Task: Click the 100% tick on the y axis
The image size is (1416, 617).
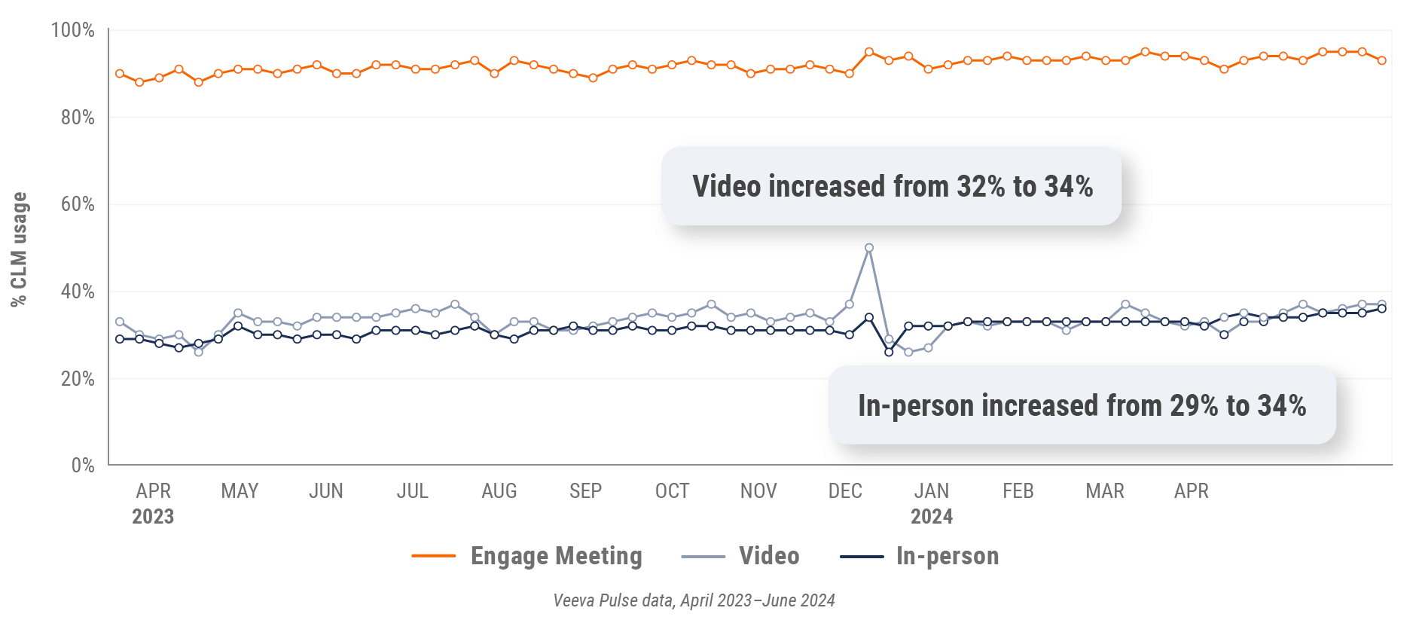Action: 72,30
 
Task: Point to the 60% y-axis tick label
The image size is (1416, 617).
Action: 78,204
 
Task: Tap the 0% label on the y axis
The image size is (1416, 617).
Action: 83,466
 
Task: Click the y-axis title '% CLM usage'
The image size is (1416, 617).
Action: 19,249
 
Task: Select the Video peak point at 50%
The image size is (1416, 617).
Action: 869,248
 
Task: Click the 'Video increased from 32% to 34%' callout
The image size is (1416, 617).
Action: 892,186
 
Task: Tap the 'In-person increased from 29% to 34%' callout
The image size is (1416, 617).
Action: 1082,405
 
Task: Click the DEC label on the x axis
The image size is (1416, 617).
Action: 845,491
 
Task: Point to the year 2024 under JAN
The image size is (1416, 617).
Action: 932,517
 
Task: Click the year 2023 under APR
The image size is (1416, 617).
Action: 153,517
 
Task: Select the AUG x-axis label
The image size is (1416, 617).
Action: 499,491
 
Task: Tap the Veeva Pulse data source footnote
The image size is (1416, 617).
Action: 694,600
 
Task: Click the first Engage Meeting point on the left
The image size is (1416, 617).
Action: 120,74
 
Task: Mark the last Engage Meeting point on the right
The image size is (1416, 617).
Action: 1382,60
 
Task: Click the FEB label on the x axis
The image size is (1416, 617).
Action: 1018,491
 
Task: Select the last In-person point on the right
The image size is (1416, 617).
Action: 1382,308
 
